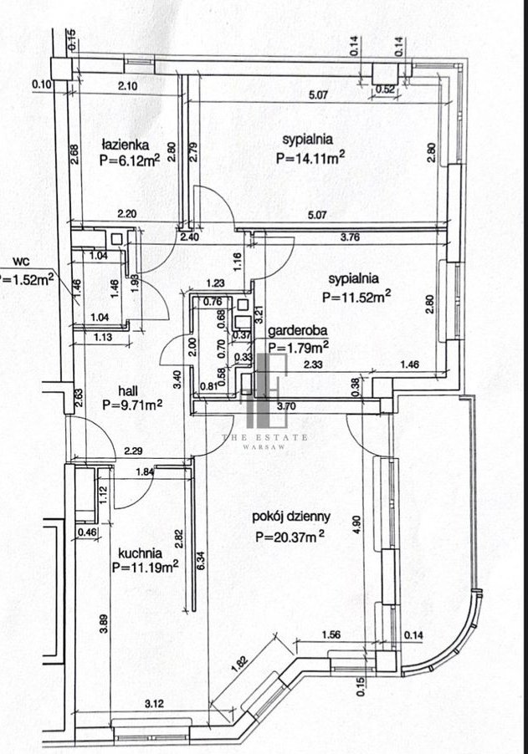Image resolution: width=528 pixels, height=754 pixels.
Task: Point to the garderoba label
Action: click(299, 331)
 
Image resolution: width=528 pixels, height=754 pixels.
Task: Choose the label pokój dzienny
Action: click(293, 517)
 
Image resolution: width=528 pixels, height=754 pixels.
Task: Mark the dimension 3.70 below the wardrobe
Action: click(287, 406)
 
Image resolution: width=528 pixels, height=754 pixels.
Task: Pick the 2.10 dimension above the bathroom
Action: click(128, 86)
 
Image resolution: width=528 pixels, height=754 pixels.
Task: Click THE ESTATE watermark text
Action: click(264, 437)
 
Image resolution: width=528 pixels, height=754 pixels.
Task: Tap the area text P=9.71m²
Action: click(131, 405)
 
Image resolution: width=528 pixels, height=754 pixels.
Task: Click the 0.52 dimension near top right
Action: click(386, 89)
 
